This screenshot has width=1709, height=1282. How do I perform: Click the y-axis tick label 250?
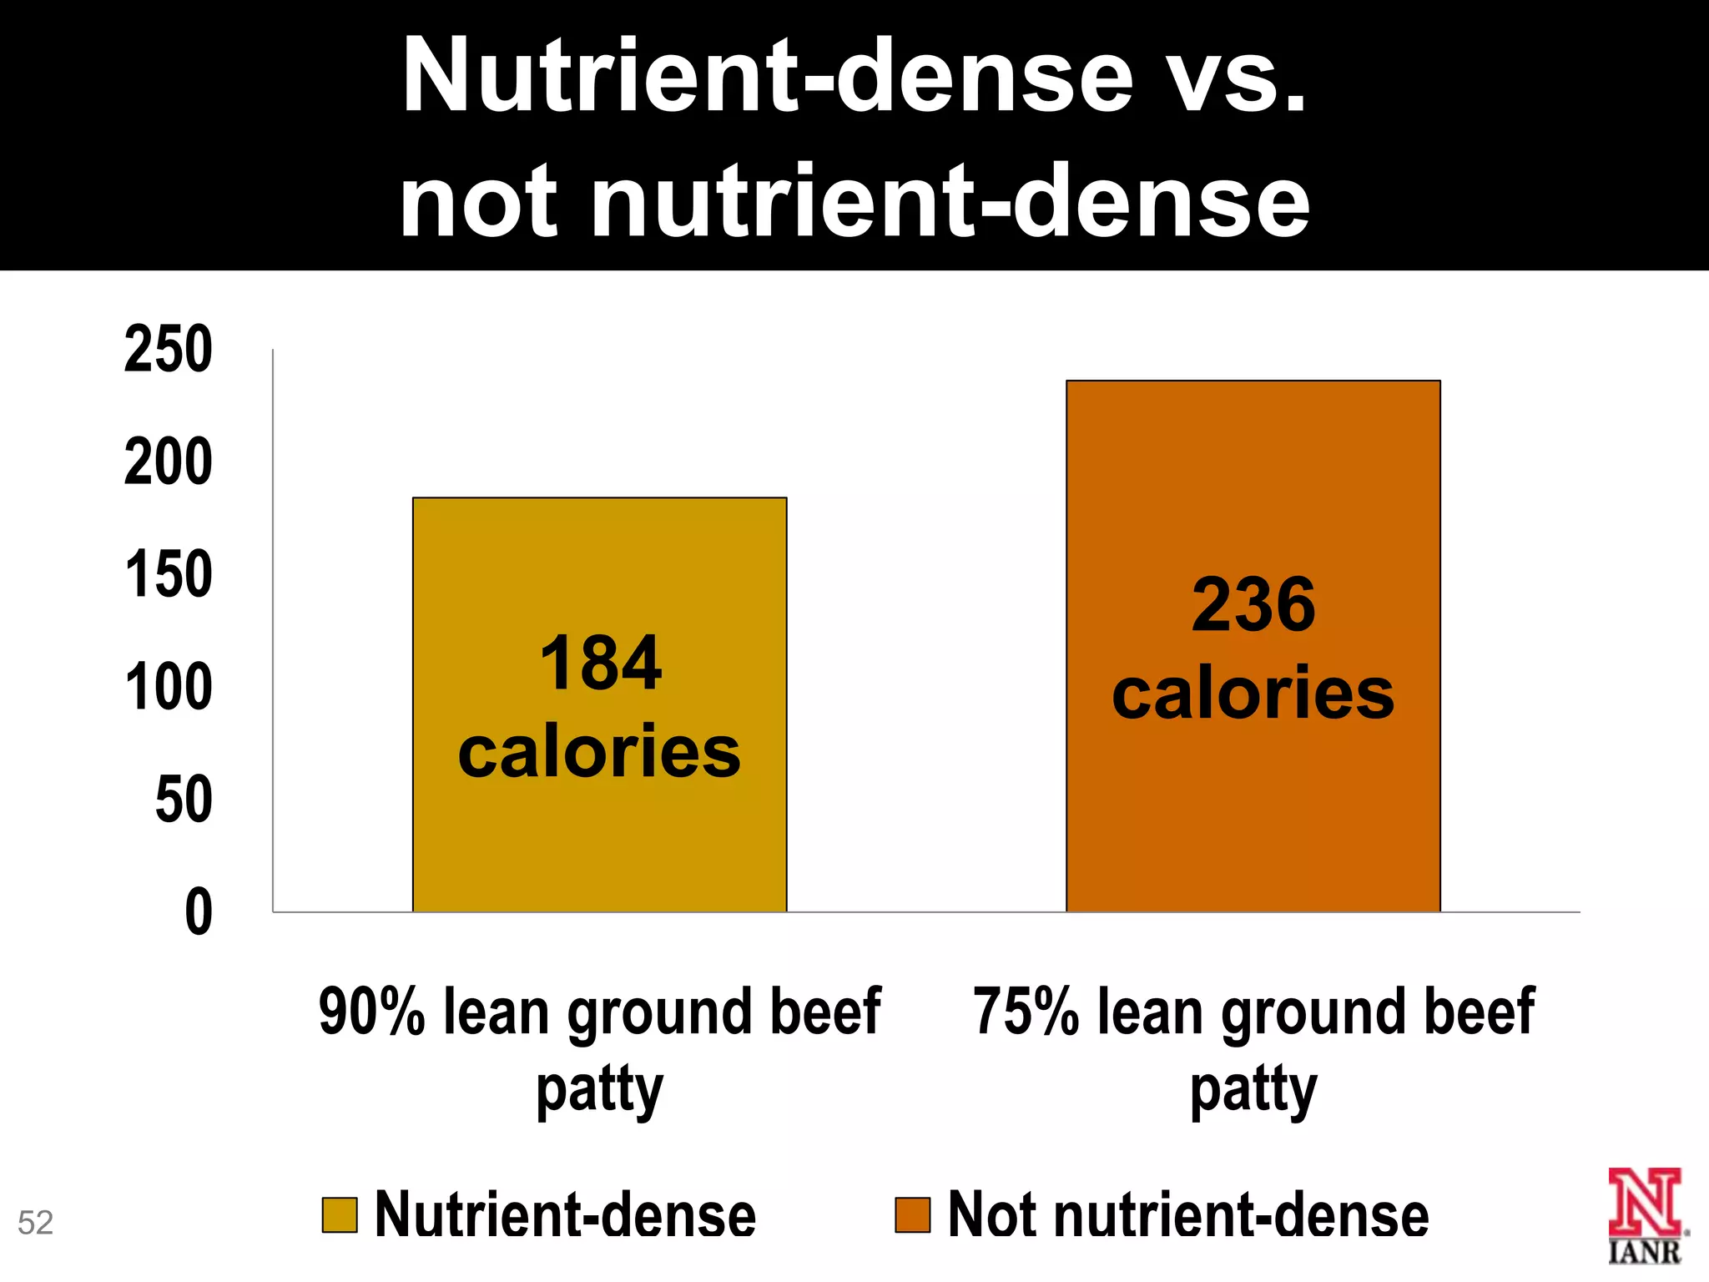169,350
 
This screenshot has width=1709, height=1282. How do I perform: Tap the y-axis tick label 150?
169,575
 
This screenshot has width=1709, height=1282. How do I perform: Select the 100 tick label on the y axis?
169,688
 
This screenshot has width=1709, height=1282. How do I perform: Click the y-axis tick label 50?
184,800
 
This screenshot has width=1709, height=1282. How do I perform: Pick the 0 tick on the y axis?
199,912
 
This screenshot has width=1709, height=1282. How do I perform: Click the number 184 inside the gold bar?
600,664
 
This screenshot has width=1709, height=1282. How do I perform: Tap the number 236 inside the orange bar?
1253,605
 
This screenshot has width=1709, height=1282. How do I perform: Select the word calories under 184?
599,752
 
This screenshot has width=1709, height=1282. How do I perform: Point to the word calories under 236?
1253,694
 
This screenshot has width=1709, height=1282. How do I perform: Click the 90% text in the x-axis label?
372,1012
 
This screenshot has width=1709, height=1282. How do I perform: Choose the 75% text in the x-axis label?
1026,1012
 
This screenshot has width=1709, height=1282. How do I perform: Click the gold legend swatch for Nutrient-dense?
340,1215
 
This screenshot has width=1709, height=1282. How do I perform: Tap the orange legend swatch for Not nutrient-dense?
912,1215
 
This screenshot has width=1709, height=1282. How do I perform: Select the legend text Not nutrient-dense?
1188,1215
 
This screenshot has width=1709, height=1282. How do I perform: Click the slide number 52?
35,1223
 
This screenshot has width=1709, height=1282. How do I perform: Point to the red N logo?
1644,1202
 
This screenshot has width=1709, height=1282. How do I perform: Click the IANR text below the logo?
1644,1252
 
